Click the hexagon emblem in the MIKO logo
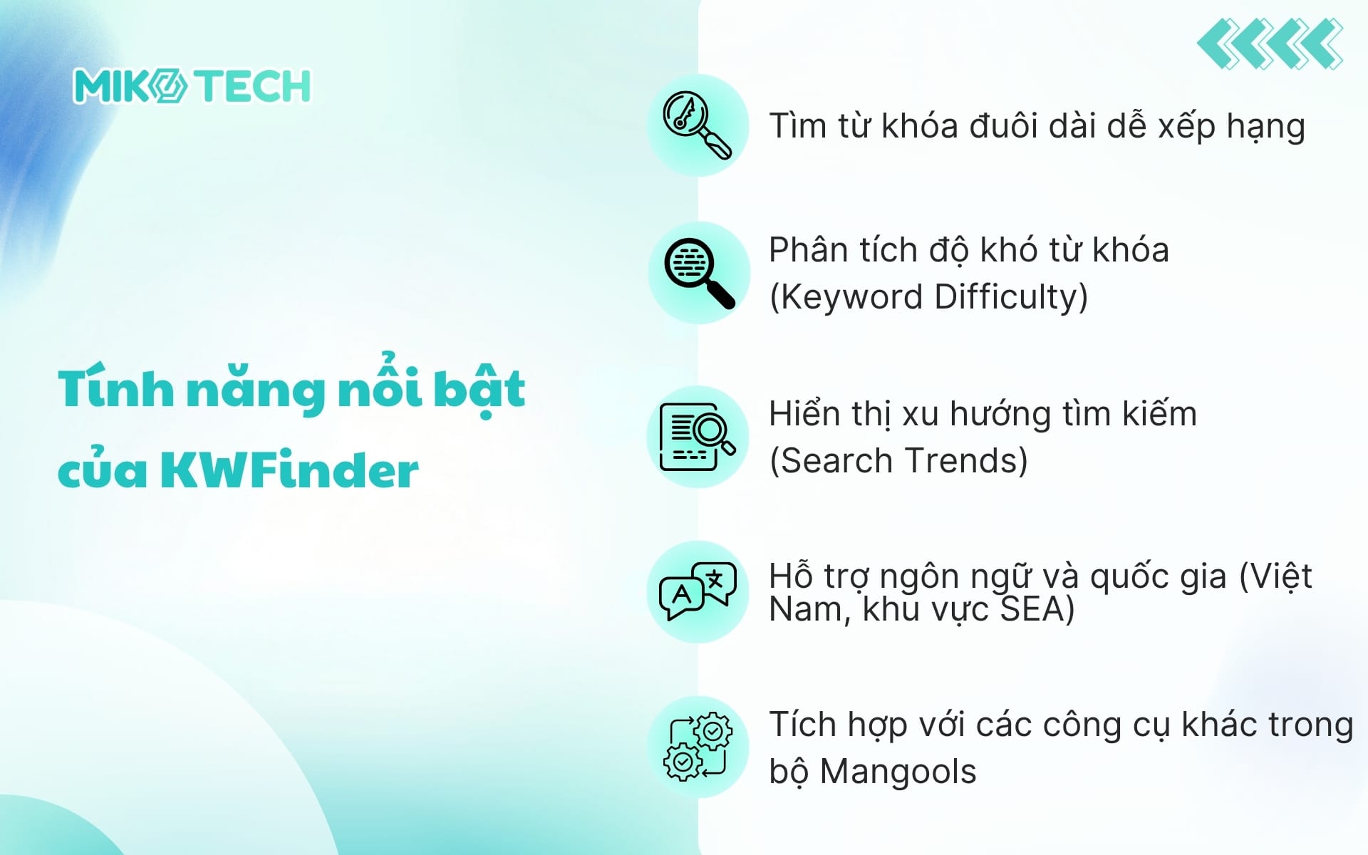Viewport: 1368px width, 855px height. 170,86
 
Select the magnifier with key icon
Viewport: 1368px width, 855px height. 697,125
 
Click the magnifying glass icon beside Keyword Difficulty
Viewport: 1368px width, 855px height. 698,274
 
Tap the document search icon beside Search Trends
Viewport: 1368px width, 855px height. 697,437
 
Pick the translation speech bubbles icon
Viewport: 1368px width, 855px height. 697,592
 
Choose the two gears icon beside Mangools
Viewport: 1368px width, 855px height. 697,747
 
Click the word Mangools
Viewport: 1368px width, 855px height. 898,772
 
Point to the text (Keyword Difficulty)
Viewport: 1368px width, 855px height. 928,297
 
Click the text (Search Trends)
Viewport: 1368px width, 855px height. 898,460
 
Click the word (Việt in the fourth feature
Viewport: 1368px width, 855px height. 1275,576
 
